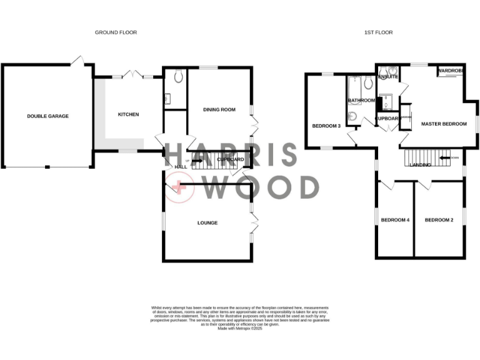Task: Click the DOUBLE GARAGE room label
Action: [47, 116]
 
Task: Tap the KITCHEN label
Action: [128, 114]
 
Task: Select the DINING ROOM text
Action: [219, 109]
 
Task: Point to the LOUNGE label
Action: [207, 222]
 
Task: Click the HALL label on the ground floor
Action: [181, 167]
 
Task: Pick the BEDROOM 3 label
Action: [326, 126]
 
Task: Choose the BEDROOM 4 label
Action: [395, 219]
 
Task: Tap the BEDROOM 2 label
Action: [439, 219]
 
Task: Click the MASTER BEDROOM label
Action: [444, 124]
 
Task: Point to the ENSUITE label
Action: [388, 77]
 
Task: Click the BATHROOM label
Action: [361, 100]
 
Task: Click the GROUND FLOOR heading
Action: [116, 32]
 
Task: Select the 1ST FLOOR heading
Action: [378, 32]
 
